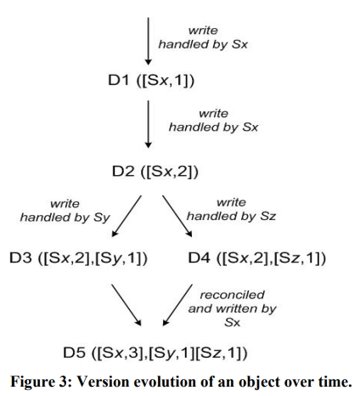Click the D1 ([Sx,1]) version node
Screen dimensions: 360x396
(x=151, y=81)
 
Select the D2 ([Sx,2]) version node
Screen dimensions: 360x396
(x=155, y=172)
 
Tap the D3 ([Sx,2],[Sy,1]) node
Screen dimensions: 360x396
(x=78, y=258)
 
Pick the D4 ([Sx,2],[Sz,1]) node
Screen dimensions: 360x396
(x=257, y=258)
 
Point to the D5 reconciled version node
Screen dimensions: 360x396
(x=155, y=353)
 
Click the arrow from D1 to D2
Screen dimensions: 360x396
(x=148, y=124)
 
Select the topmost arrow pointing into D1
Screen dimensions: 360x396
(x=148, y=41)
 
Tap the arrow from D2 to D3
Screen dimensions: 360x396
(x=127, y=216)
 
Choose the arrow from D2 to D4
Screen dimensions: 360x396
(x=177, y=216)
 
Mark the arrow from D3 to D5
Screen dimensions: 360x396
(x=126, y=305)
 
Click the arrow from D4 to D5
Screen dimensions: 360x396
(x=177, y=305)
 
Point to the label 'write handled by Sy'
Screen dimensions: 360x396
(x=65, y=211)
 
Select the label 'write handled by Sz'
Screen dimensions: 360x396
(x=231, y=210)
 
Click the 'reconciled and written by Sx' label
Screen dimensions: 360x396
(x=232, y=308)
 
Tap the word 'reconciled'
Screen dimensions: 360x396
(x=233, y=295)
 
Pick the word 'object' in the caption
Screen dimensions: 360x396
(x=260, y=382)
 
